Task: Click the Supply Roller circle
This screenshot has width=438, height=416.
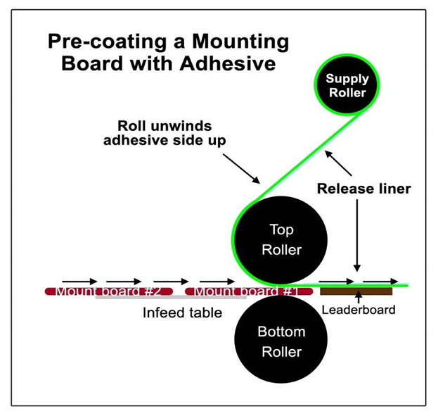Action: [347, 85]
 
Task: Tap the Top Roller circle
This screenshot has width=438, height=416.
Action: [281, 240]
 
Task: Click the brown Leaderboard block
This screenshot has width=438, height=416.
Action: [356, 290]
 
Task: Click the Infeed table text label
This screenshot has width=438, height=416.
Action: [182, 312]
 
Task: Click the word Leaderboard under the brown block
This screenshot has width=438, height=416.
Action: [359, 309]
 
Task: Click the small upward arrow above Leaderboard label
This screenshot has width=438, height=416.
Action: [359, 298]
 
